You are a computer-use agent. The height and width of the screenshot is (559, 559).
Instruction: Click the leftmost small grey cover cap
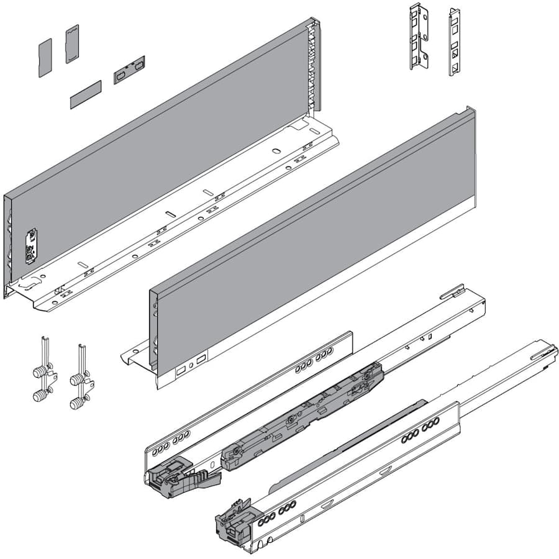[45, 58]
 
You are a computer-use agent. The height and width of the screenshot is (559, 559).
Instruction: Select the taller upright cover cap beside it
[72, 44]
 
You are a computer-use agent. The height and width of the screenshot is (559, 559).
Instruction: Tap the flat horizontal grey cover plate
[85, 94]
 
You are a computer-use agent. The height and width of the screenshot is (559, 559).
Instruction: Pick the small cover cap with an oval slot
[129, 69]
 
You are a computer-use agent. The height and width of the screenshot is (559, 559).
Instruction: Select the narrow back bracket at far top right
[454, 42]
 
